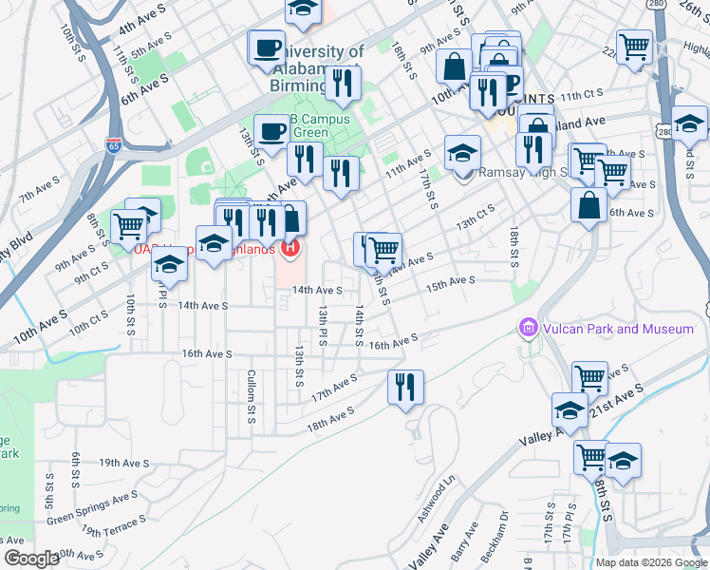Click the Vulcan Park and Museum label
point(618,329)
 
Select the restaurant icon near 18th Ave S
point(405,386)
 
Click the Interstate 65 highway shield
point(114,145)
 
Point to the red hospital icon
point(290,249)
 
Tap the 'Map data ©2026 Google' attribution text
point(651,562)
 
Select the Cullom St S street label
point(252,396)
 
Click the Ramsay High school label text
point(522,173)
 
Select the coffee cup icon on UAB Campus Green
point(272,128)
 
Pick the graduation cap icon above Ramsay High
point(462,151)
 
